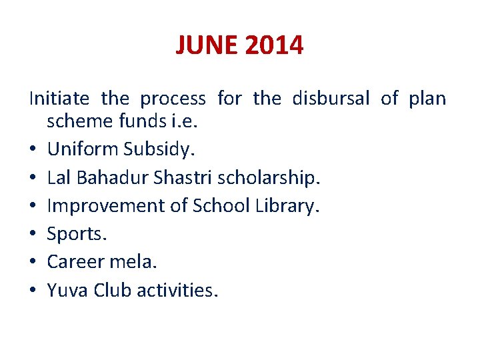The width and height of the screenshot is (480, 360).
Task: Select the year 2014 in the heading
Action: (274, 45)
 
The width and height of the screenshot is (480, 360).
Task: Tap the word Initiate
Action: (59, 99)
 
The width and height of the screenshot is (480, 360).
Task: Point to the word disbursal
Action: (331, 99)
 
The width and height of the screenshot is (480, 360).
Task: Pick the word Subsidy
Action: (159, 149)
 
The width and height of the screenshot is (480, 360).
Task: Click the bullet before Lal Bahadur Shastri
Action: (33, 178)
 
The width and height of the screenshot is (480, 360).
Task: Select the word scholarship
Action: (269, 178)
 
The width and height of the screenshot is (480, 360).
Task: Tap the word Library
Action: (287, 206)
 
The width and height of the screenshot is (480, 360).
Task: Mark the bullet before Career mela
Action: (33, 262)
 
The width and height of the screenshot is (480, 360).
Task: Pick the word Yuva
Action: (68, 290)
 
